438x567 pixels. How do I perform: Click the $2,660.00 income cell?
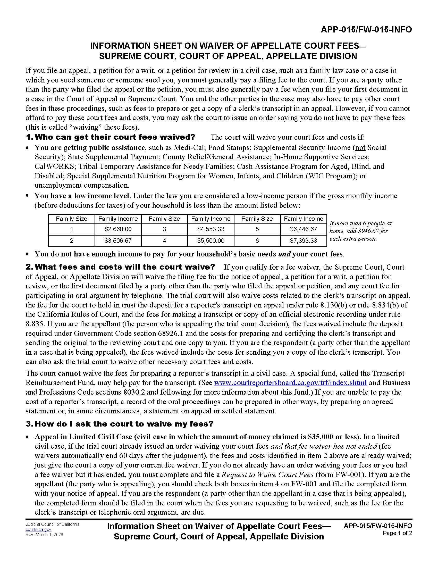pos(118,229)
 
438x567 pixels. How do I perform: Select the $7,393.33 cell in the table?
pos(303,241)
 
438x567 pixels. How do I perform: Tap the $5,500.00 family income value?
pos(211,241)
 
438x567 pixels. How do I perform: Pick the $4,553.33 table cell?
pos(211,229)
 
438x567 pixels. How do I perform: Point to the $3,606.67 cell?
pos(118,241)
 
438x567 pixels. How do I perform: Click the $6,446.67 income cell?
pos(303,229)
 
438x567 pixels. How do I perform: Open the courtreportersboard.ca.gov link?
pos(290,383)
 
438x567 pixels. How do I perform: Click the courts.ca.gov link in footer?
pos(38,529)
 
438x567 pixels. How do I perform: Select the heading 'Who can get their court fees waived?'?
pos(115,137)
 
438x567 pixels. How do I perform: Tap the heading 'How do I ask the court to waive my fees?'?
pos(123,424)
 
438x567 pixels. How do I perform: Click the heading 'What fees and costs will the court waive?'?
pos(124,267)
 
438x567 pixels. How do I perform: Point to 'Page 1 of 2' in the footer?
pos(397,533)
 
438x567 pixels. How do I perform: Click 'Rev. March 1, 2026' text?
pos(44,535)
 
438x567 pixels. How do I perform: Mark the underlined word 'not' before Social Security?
pos(360,147)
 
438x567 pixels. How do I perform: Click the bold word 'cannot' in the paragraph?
pos(69,373)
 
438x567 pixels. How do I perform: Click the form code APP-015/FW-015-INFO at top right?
pos(366,30)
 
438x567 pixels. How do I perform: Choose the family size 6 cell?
pos(257,241)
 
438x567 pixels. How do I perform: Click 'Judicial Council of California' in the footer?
pos(53,524)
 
